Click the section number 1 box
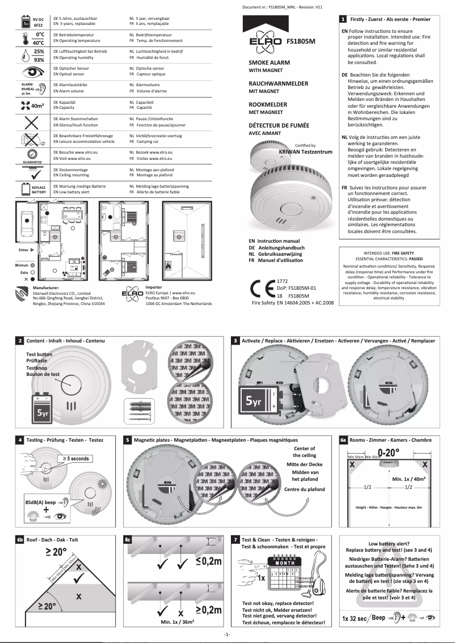[x=343, y=19]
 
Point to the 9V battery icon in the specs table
[x=26, y=23]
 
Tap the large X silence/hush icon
[x=31, y=122]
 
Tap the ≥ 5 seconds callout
[x=73, y=458]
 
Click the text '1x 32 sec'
[x=355, y=618]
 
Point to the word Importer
[x=154, y=287]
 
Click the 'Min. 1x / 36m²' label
[x=178, y=622]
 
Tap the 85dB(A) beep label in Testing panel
[x=40, y=502]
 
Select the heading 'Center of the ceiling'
[x=305, y=451]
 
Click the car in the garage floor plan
[x=26, y=221]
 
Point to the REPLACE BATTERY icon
[x=32, y=189]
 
